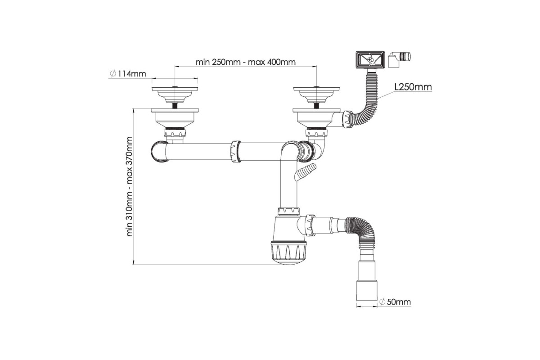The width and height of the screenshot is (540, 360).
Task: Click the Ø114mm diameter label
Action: point(128,73)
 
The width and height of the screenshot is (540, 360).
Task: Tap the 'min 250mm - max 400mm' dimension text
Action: point(245,62)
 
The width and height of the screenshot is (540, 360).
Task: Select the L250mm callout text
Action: point(413,87)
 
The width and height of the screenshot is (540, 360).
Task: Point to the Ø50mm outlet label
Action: point(395,301)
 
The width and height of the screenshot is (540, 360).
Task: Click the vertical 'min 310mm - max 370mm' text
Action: point(130,186)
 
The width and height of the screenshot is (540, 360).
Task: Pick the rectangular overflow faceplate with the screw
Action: point(370,59)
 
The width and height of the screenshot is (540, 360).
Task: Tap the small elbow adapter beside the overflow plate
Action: point(399,59)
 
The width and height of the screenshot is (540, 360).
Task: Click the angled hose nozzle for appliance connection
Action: point(305,172)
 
